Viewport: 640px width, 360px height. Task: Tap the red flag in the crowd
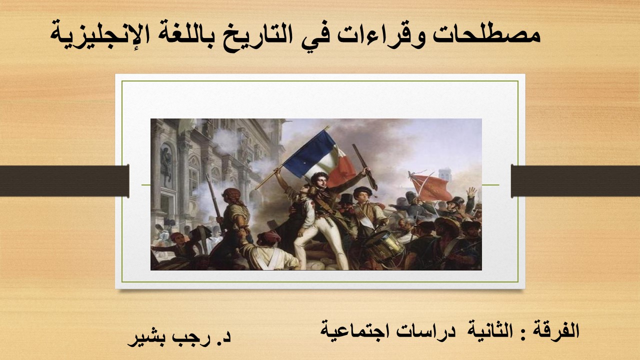(x=430, y=186)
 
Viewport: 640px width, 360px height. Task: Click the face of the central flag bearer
(x=320, y=181)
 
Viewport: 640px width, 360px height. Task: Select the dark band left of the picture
(x=64, y=181)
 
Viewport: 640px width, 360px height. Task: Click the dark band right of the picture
(x=575, y=181)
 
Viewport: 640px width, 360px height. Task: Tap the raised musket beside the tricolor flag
(x=365, y=167)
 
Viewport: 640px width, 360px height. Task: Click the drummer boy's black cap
(x=362, y=191)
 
